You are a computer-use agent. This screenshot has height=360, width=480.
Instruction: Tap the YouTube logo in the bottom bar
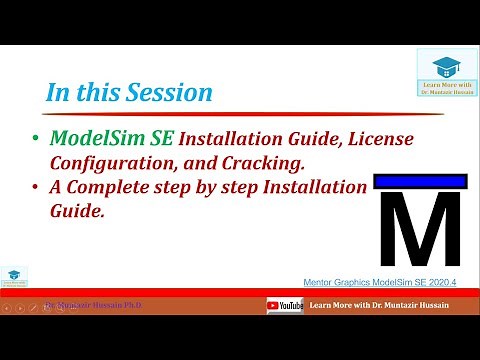pos(284,305)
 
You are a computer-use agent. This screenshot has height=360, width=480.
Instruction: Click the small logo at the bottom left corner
pos(14,276)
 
